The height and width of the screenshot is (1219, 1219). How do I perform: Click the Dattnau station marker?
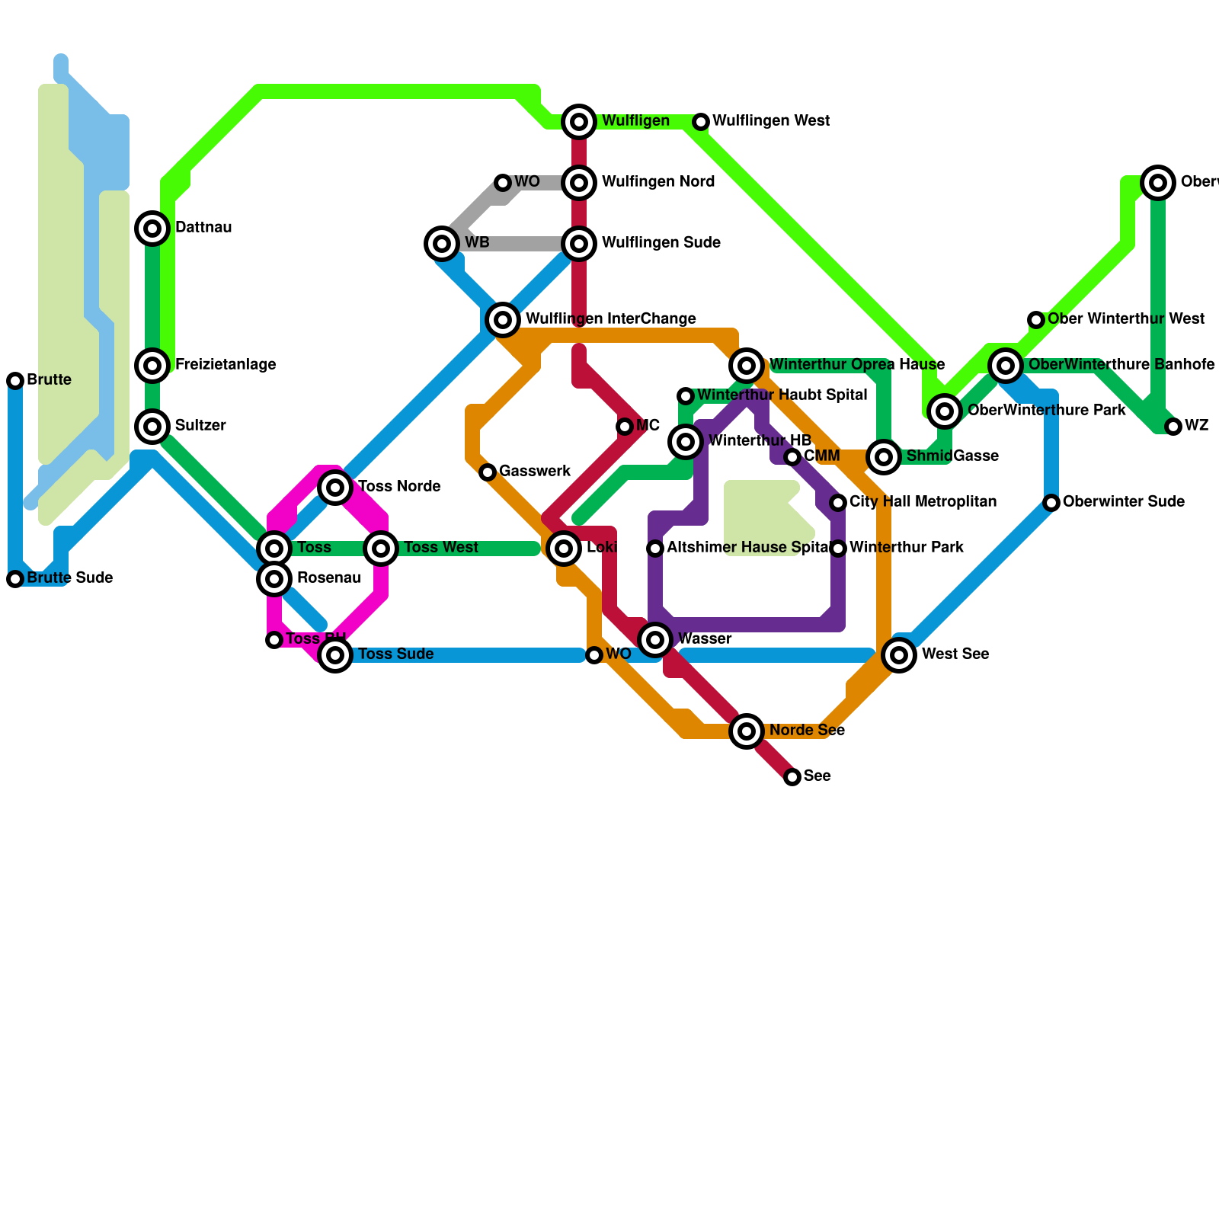point(152,228)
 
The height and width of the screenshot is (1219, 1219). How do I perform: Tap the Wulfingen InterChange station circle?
point(503,319)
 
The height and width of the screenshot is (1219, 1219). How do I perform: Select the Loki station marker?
point(564,548)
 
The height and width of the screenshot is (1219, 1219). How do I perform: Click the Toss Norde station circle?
point(335,487)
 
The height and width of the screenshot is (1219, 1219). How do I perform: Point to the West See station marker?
point(899,654)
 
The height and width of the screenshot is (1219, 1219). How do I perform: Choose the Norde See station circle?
point(747,731)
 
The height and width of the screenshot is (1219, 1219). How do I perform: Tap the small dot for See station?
point(792,776)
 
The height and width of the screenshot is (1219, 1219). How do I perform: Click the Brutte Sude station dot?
point(15,579)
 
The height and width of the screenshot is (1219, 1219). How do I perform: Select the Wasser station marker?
point(655,639)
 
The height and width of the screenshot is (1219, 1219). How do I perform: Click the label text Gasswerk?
point(535,472)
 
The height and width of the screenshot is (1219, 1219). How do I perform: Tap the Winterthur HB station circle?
point(686,441)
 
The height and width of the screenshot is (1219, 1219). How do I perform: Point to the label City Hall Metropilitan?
point(923,502)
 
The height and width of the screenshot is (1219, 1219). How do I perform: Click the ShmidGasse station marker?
point(884,456)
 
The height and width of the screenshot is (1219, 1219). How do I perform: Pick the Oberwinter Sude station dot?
point(1051,503)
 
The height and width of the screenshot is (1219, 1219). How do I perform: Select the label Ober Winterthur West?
point(1125,319)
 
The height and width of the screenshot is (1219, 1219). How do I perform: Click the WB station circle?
point(442,243)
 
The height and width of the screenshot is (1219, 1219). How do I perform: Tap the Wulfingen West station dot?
point(701,122)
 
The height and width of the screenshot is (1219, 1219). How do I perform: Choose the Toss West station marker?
point(381,548)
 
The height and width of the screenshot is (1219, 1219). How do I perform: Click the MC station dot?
point(625,427)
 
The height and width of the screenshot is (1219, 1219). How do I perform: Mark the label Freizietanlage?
point(226,365)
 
